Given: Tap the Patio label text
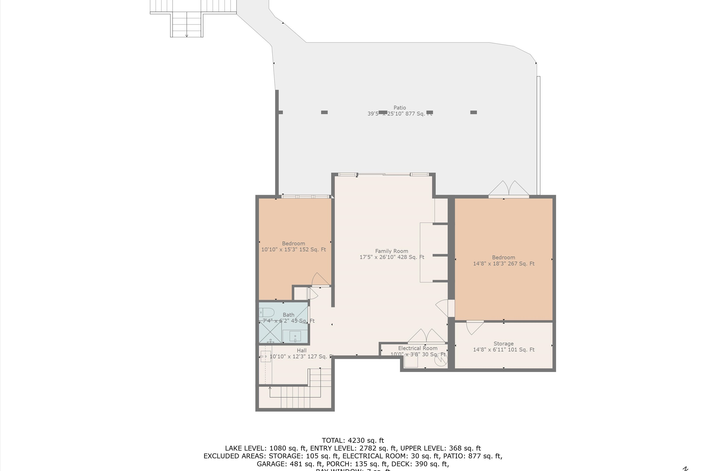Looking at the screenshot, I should click(x=400, y=108).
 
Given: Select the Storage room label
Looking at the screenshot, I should click(x=503, y=344).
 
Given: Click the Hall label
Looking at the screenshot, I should click(x=301, y=351).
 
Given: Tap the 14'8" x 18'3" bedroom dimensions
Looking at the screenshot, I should click(x=503, y=264).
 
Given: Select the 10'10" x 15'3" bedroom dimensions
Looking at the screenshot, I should click(x=293, y=250).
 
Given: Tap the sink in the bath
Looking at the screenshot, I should click(x=295, y=336).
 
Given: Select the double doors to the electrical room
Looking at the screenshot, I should click(x=426, y=337).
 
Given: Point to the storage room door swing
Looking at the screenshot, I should click(x=474, y=327).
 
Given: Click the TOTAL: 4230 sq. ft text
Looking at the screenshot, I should click(x=353, y=441).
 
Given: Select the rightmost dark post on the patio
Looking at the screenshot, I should click(x=473, y=112).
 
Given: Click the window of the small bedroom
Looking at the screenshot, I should click(x=305, y=197).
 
